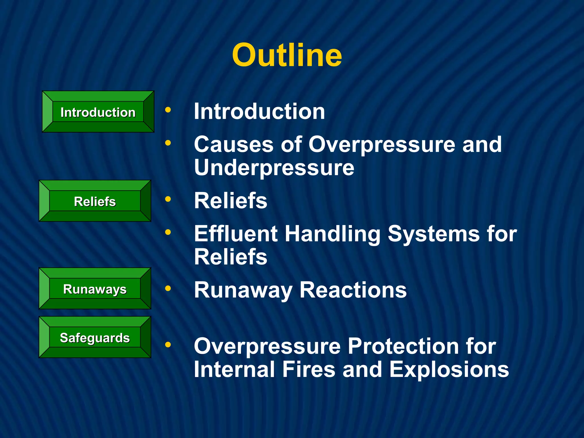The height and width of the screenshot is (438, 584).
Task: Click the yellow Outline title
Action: (x=287, y=55)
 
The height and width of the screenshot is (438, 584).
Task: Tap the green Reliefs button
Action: (x=95, y=201)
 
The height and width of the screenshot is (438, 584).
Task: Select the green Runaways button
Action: (x=95, y=289)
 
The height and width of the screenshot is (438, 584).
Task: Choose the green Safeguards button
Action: (x=95, y=337)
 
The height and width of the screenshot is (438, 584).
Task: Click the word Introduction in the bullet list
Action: (x=259, y=111)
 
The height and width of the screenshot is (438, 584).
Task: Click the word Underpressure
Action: (x=274, y=168)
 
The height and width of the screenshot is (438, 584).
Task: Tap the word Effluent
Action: (x=236, y=234)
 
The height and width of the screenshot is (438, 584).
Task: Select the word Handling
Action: (x=332, y=234)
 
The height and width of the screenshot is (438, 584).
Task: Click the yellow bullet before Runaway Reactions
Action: (x=168, y=289)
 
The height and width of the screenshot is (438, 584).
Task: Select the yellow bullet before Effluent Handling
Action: (x=168, y=232)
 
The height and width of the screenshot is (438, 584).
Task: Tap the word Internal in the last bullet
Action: (x=234, y=370)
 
